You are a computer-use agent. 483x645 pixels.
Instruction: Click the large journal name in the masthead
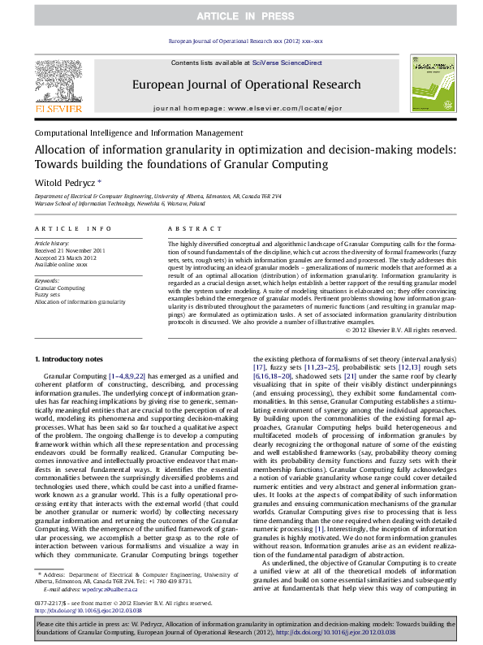[247, 84]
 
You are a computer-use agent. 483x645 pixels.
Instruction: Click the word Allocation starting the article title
[59, 149]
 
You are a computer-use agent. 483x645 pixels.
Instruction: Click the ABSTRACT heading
[187, 230]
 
